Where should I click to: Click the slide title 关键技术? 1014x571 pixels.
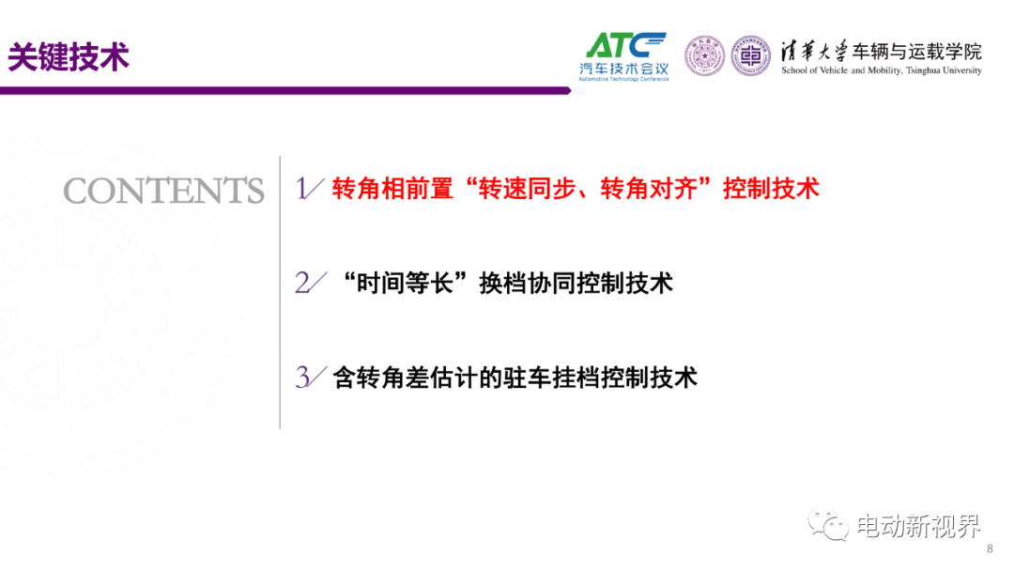click(69, 57)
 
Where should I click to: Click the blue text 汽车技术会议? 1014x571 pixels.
click(623, 69)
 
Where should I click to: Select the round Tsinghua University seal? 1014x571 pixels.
click(704, 55)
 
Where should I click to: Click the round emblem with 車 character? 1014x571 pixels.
click(750, 55)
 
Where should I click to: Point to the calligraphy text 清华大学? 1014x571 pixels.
click(813, 51)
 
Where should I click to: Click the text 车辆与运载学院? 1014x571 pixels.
click(917, 51)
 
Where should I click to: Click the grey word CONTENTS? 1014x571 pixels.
click(163, 191)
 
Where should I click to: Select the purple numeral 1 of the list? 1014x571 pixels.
click(302, 189)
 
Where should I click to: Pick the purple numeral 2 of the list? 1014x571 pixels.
click(302, 284)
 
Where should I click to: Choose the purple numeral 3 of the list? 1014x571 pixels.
click(302, 378)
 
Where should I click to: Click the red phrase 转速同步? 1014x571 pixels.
click(527, 189)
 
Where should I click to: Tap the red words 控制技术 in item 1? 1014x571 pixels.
click(772, 189)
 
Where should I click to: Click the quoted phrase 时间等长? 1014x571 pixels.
click(405, 284)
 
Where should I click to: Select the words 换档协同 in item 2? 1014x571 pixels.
click(527, 284)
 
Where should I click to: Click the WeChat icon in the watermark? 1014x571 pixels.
click(828, 524)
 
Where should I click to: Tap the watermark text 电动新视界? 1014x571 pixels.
click(918, 526)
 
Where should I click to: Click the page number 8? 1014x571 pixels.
click(991, 549)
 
